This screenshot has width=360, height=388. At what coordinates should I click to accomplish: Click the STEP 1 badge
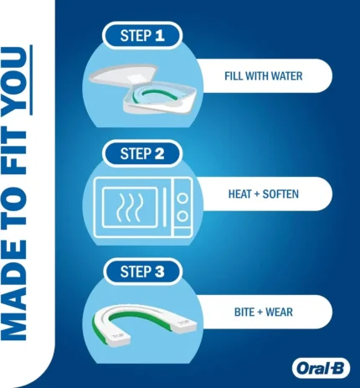pyautogui.click(x=142, y=35)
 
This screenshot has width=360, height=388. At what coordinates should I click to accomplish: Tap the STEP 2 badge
pyautogui.click(x=142, y=153)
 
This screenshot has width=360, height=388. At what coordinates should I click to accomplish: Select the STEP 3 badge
pyautogui.click(x=142, y=272)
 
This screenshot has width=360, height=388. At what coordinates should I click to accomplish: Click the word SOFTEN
pyautogui.click(x=280, y=194)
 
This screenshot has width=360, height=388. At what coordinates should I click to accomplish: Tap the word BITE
pyautogui.click(x=244, y=312)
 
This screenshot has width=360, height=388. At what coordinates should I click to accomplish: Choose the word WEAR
pyautogui.click(x=279, y=312)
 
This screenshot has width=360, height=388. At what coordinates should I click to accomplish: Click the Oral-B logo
pyautogui.click(x=321, y=369)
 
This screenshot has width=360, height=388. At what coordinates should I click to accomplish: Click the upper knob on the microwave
pyautogui.click(x=183, y=199)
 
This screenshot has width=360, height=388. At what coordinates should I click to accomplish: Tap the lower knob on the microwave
pyautogui.click(x=183, y=216)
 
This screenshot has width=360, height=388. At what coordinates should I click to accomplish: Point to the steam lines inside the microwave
pyautogui.click(x=130, y=207)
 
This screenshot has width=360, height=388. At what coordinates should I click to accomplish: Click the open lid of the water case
pyautogui.click(x=124, y=75)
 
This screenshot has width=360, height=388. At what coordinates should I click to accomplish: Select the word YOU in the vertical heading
pyautogui.click(x=16, y=80)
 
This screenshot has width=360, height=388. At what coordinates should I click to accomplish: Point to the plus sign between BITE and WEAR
pyautogui.click(x=260, y=313)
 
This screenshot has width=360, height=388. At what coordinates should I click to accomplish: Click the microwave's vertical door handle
pyautogui.click(x=165, y=208)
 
